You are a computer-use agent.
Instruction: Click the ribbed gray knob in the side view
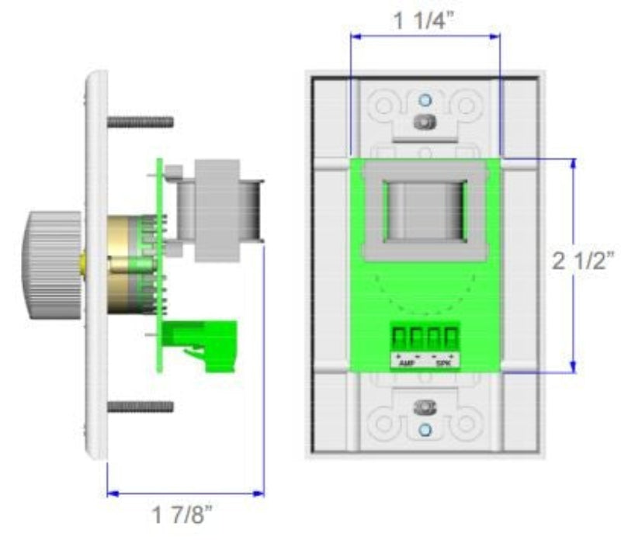pos(51,264)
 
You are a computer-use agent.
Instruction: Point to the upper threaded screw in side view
pos(140,122)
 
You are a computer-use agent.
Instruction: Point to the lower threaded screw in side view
pos(140,407)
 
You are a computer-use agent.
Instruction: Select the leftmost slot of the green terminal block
pos(401,339)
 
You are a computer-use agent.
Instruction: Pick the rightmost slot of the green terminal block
pos(449,339)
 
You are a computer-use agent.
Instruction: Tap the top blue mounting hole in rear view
pos(425,99)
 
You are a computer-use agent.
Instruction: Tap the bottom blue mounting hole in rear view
pos(425,429)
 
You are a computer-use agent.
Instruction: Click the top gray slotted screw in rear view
pos(425,123)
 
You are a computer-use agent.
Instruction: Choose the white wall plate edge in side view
pos(98,264)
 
